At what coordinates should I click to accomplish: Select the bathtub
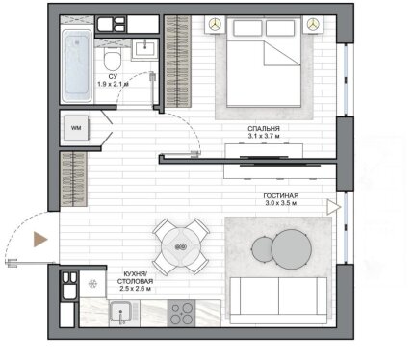(77, 65)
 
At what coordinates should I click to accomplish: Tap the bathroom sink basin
(146, 49)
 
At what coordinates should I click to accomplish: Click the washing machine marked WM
(76, 128)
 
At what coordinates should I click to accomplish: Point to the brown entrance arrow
(40, 240)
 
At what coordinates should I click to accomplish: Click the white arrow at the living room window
(334, 207)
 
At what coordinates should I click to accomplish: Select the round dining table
(181, 247)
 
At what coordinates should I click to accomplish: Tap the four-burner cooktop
(181, 314)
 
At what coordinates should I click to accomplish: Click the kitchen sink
(120, 313)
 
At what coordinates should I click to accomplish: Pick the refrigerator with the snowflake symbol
(92, 284)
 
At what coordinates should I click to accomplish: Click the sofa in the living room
(278, 300)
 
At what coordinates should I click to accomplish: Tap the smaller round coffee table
(263, 249)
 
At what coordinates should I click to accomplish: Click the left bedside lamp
(216, 23)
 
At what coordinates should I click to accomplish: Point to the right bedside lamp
(313, 24)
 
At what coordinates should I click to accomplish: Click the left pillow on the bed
(247, 28)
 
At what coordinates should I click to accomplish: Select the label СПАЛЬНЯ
(264, 129)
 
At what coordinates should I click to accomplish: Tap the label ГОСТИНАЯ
(281, 195)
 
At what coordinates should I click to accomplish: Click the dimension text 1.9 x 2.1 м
(113, 84)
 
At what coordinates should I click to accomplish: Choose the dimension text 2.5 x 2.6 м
(136, 289)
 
